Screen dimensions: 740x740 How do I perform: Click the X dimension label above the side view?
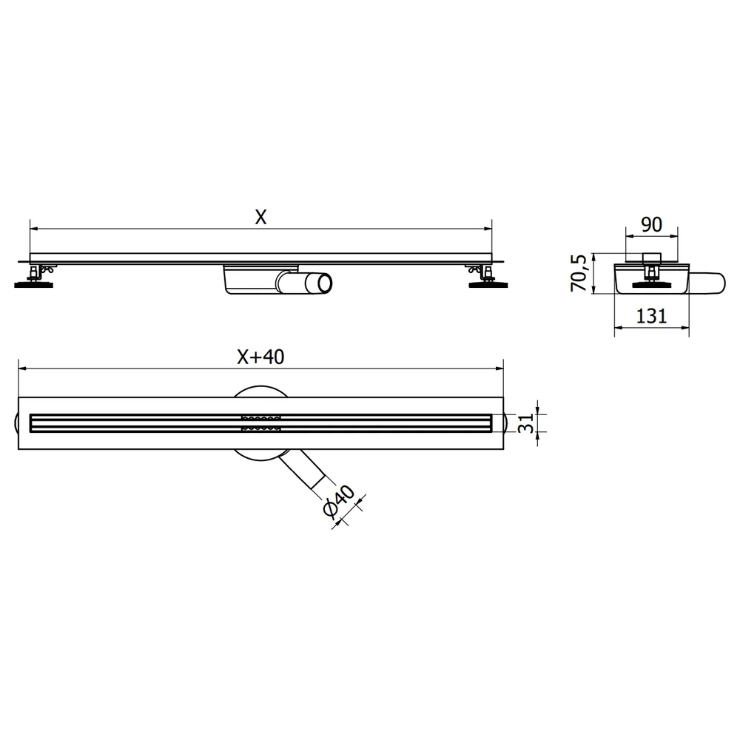[260, 217]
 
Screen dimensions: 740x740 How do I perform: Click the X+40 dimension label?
[260, 357]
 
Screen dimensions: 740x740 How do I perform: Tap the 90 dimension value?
[651, 225]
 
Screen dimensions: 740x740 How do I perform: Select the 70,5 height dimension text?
[579, 273]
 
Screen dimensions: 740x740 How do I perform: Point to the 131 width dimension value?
[651, 316]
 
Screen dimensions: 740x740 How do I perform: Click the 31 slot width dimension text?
[525, 423]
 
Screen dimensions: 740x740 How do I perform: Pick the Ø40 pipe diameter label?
[339, 501]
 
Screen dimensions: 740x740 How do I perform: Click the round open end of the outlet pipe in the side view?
[325, 283]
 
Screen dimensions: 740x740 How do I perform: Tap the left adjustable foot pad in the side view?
[33, 285]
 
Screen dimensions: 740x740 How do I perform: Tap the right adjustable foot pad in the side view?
[488, 285]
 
